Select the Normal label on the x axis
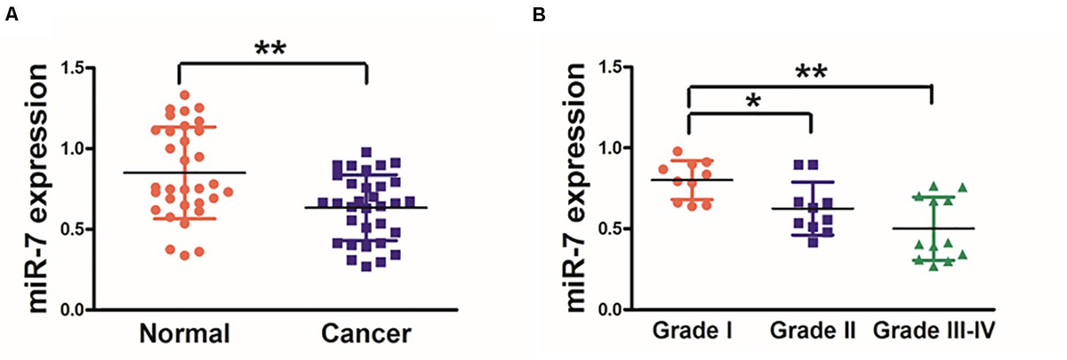coord(184,334)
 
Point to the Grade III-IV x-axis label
coord(934,332)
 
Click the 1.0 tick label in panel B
coord(610,148)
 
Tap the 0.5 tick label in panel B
coord(610,228)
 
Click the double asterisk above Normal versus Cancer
coord(273,49)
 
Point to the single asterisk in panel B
coord(753,100)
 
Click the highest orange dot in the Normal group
coord(184,94)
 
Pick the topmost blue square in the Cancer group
coord(365,152)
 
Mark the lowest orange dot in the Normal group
coord(184,256)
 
